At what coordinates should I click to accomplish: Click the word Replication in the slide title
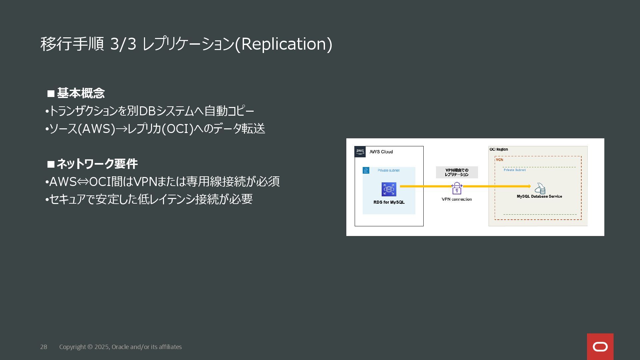[x=283, y=44]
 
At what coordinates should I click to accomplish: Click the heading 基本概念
[x=81, y=93]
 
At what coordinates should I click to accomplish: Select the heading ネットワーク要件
[x=97, y=164]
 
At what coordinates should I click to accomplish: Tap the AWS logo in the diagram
[x=360, y=152]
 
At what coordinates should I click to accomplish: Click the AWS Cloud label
[x=381, y=152]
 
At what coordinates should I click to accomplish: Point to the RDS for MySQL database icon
[x=389, y=189]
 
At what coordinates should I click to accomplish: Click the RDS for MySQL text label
[x=389, y=202]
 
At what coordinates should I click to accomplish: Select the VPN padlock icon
[x=457, y=188]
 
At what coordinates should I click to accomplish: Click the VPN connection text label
[x=457, y=199]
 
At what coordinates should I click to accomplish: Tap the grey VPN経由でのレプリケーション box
[x=457, y=172]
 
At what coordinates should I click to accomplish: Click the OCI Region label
[x=499, y=149]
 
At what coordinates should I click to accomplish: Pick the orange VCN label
[x=499, y=160]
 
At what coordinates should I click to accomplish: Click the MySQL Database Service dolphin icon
[x=540, y=189]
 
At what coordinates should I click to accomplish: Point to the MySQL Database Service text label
[x=539, y=197]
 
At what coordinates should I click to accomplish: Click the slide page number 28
[x=44, y=347]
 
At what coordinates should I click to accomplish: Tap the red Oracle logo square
[x=600, y=347]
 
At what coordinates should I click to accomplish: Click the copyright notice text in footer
[x=120, y=347]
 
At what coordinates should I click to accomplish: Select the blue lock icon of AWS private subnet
[x=366, y=171]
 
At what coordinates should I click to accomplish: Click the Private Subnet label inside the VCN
[x=515, y=170]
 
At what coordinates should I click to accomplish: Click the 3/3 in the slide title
[x=123, y=44]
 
